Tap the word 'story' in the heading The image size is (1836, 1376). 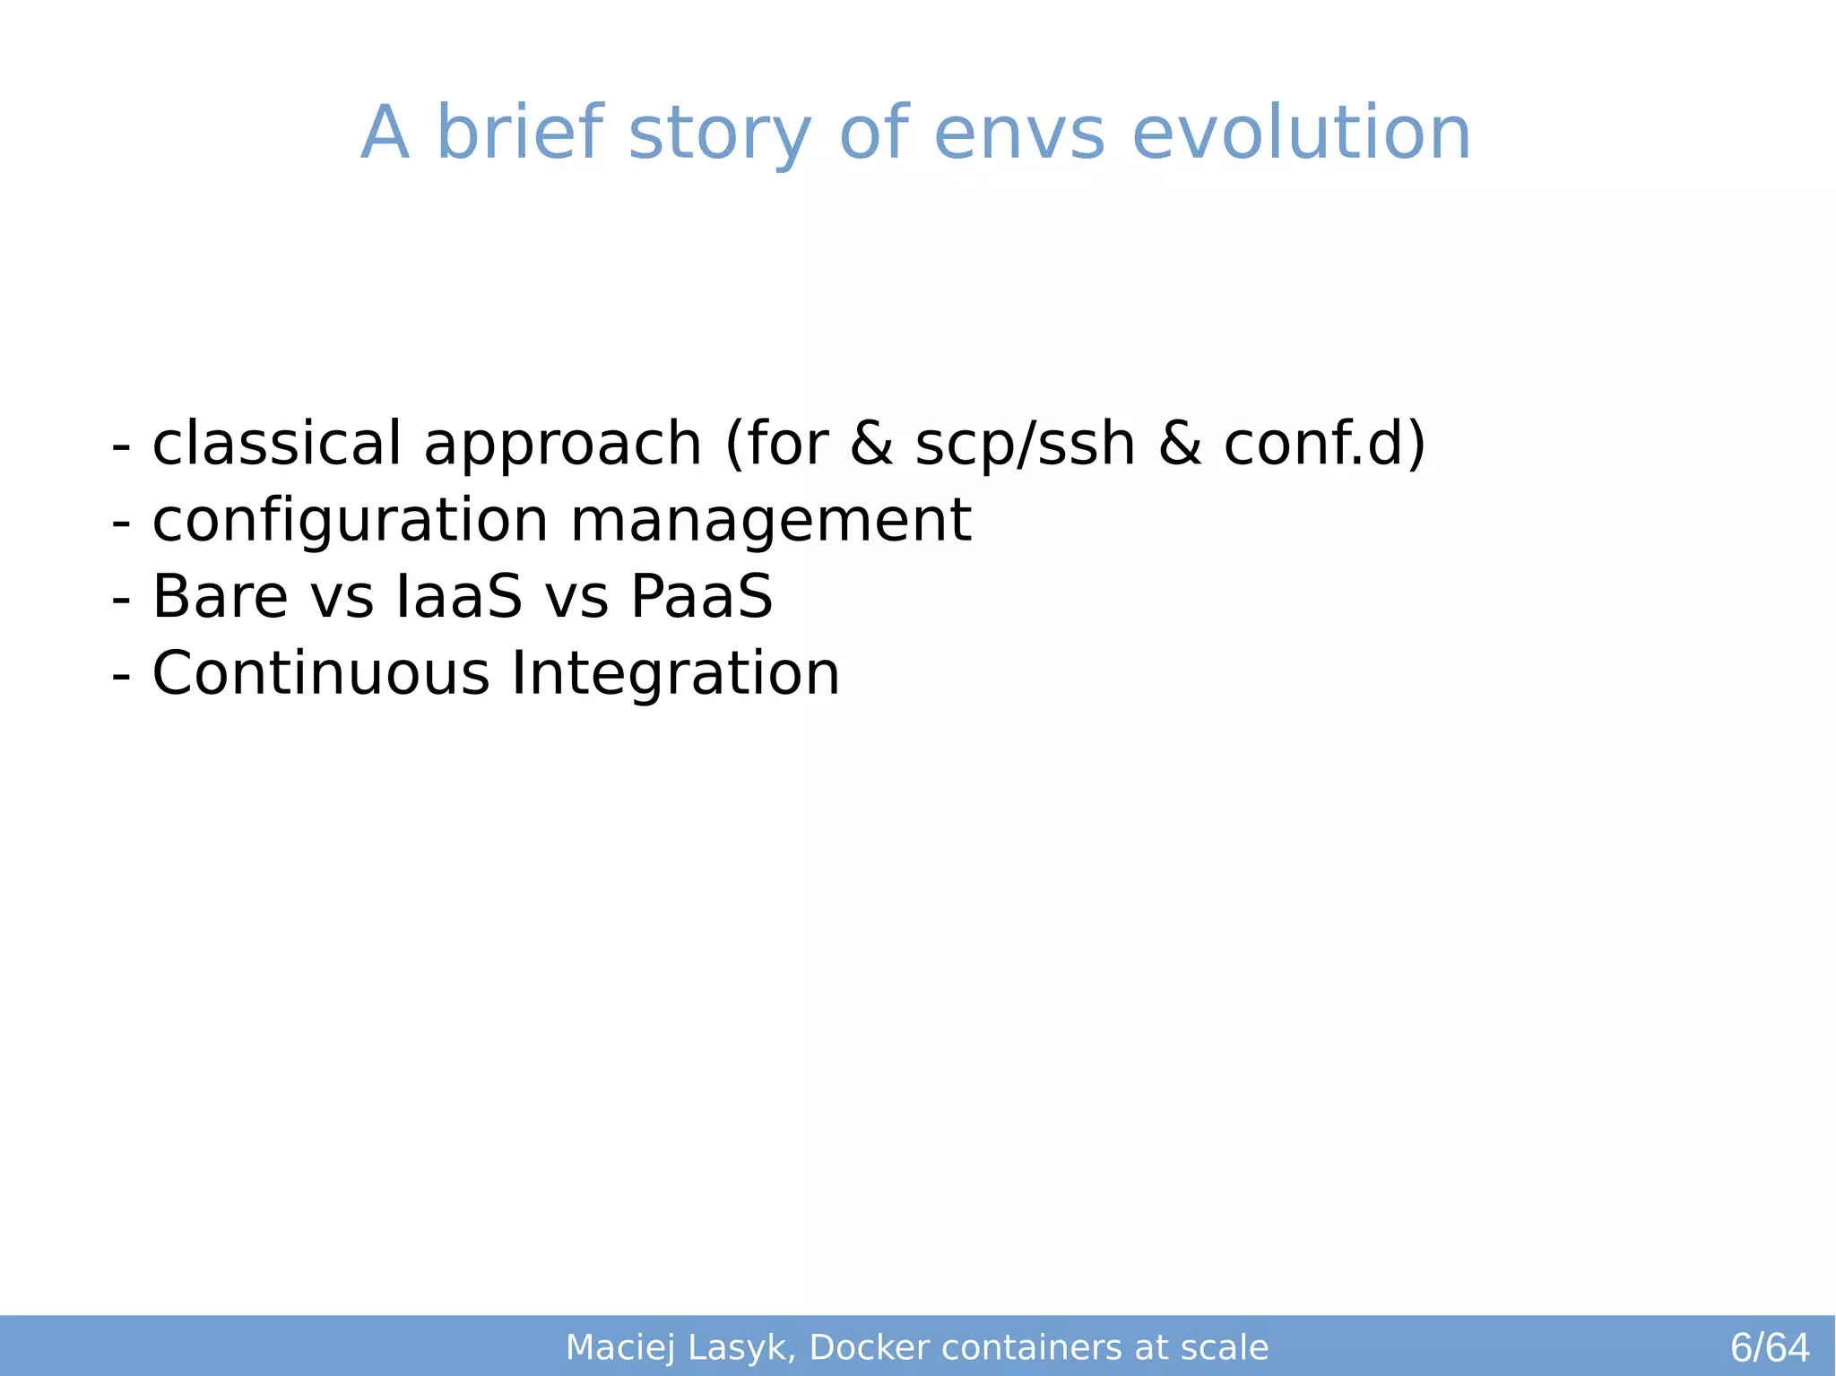[720, 134]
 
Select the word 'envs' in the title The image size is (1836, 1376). [1019, 134]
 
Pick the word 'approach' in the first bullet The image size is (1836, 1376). [562, 446]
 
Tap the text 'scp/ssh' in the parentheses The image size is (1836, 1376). [1025, 445]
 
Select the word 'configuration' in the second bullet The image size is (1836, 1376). [350, 522]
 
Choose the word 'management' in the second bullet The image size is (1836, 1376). [771, 522]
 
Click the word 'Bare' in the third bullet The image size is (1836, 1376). [221, 597]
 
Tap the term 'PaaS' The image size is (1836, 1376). [701, 597]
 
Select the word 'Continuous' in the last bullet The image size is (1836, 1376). [321, 673]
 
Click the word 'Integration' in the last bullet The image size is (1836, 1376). [675, 674]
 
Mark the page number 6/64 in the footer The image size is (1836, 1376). [1770, 1347]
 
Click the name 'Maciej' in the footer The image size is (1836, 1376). [619, 1348]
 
